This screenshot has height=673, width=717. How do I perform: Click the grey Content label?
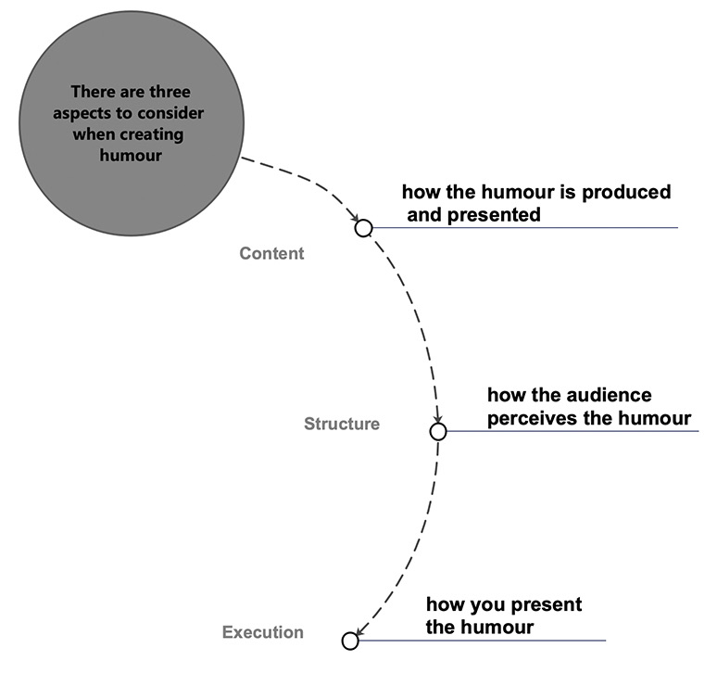coord(271,253)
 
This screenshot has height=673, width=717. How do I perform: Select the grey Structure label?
coord(341,424)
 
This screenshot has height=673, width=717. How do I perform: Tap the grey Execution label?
coord(262,633)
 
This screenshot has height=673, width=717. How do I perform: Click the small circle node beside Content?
coord(363,228)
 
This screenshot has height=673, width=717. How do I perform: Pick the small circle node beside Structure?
coord(438,432)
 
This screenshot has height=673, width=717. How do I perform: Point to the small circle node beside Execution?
coord(350,640)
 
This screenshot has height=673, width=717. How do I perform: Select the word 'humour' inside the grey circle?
coord(130,156)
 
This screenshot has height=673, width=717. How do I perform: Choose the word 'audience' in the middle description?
coord(611,396)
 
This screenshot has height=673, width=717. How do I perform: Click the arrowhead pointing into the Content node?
coord(356,219)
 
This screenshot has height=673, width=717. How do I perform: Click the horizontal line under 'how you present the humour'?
coord(482,641)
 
